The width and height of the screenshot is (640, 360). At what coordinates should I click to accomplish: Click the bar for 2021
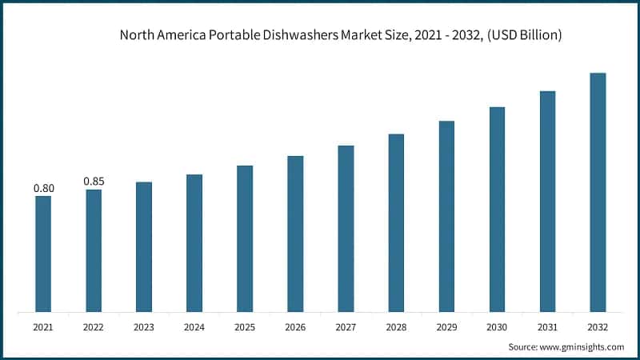click(x=43, y=254)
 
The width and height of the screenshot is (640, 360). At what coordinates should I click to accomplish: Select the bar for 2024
click(x=194, y=242)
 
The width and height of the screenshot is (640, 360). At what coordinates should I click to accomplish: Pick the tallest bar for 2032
click(x=598, y=192)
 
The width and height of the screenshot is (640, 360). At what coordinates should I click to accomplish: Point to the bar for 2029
click(x=446, y=216)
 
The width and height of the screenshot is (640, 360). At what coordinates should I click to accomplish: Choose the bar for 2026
click(x=295, y=234)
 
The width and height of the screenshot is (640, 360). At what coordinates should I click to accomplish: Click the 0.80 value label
click(x=43, y=189)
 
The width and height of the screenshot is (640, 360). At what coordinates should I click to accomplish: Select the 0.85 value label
click(x=94, y=182)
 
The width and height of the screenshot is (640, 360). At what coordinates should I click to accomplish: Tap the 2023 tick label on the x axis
click(x=144, y=327)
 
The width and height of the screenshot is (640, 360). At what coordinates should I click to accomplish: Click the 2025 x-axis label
click(x=245, y=327)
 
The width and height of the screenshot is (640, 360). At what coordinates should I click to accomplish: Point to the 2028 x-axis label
click(x=396, y=327)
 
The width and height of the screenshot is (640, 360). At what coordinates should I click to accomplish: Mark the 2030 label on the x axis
click(x=497, y=327)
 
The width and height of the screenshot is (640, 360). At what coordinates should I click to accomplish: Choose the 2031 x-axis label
click(x=547, y=327)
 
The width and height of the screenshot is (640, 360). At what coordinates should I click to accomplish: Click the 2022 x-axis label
click(x=94, y=327)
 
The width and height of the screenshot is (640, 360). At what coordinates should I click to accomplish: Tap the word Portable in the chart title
click(x=233, y=35)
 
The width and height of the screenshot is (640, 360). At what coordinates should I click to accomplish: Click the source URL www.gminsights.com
click(x=582, y=346)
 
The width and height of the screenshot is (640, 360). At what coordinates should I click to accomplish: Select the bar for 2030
click(x=497, y=209)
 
